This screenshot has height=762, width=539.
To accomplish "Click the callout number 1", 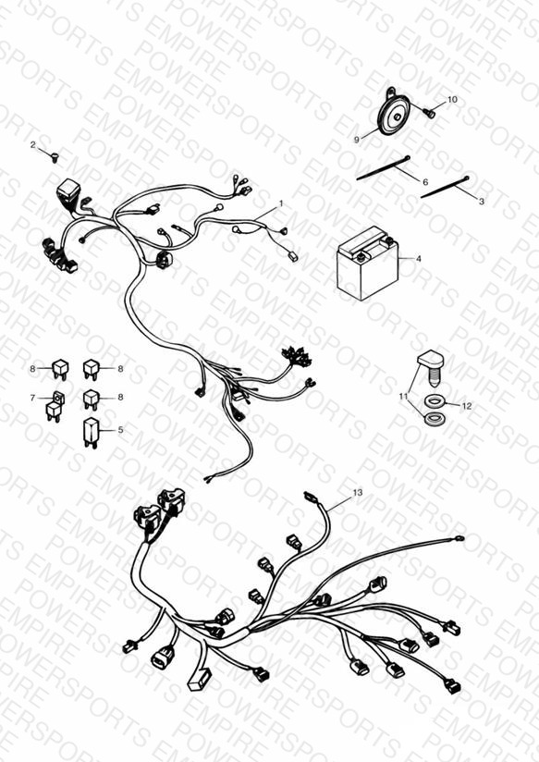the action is click(280, 203).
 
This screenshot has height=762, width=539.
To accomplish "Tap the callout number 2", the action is click(33, 145).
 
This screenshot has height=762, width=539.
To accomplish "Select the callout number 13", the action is click(358, 492).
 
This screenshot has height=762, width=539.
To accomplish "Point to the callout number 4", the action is click(419, 259).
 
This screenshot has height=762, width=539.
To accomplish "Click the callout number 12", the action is click(467, 406).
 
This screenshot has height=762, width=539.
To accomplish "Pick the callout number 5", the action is click(120, 430).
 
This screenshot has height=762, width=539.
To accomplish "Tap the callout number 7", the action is click(32, 398).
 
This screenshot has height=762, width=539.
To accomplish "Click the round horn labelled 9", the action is click(394, 115).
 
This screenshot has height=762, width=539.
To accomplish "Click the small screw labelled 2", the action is click(55, 157).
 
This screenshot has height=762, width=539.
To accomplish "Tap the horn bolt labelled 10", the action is click(429, 113).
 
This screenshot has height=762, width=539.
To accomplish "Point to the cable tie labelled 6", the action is click(384, 167).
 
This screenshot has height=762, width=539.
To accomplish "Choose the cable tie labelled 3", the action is click(446, 187).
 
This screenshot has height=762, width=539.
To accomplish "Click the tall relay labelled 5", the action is click(91, 431).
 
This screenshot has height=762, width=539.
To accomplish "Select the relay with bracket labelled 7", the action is click(55, 406).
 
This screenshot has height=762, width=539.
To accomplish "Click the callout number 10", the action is click(452, 99).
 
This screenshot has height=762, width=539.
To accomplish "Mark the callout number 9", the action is click(357, 140).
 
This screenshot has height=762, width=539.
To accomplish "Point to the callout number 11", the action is click(403, 397).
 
